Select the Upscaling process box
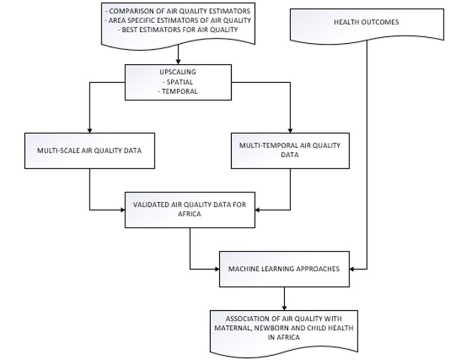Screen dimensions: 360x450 tap(178, 82)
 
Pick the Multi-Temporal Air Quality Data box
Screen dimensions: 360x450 tap(290, 150)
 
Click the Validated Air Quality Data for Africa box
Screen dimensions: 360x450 tap(190, 209)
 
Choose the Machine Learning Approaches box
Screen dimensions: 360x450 tap(284, 269)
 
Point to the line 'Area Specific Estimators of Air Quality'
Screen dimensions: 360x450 tap(178, 21)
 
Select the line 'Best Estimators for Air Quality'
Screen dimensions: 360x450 tap(178, 29)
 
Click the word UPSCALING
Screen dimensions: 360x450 tap(178, 72)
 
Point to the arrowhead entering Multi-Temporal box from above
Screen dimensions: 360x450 tap(290, 130)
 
